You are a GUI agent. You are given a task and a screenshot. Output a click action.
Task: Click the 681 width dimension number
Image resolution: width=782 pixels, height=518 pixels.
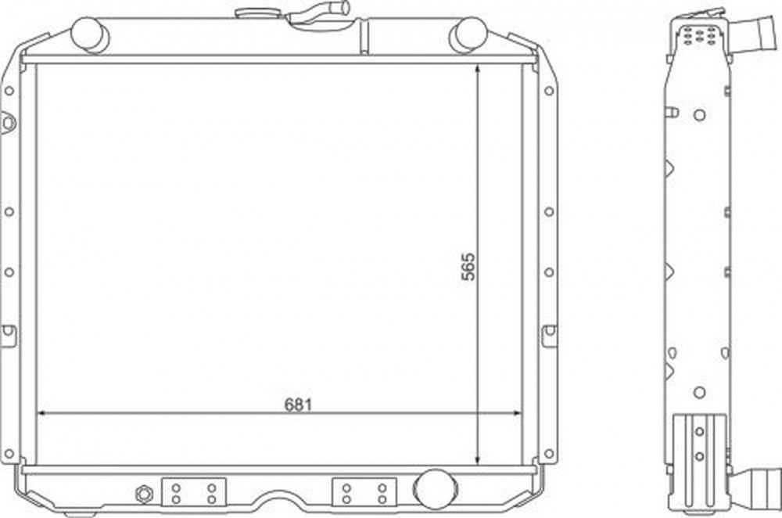click(x=298, y=404)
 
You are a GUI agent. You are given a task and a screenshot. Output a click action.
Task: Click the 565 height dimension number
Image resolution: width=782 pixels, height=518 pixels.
click(x=468, y=267)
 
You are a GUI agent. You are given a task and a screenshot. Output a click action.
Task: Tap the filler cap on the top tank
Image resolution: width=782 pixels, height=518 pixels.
click(x=252, y=13)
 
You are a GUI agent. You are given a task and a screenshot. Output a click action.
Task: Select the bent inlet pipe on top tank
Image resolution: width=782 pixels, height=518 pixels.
click(x=320, y=13)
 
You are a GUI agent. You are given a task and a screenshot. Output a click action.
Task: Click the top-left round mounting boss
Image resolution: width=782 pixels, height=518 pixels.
click(x=90, y=34)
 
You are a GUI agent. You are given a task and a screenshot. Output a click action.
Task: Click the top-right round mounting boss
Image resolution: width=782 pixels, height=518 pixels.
click(x=468, y=34)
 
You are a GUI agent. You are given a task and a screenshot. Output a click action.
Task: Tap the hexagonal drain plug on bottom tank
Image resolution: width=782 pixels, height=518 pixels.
click(x=144, y=494)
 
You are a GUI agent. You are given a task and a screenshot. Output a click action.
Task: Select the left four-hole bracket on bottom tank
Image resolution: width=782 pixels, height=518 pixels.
click(x=193, y=492)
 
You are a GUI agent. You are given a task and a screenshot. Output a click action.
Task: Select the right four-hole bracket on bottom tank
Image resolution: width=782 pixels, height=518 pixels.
click(x=364, y=492)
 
